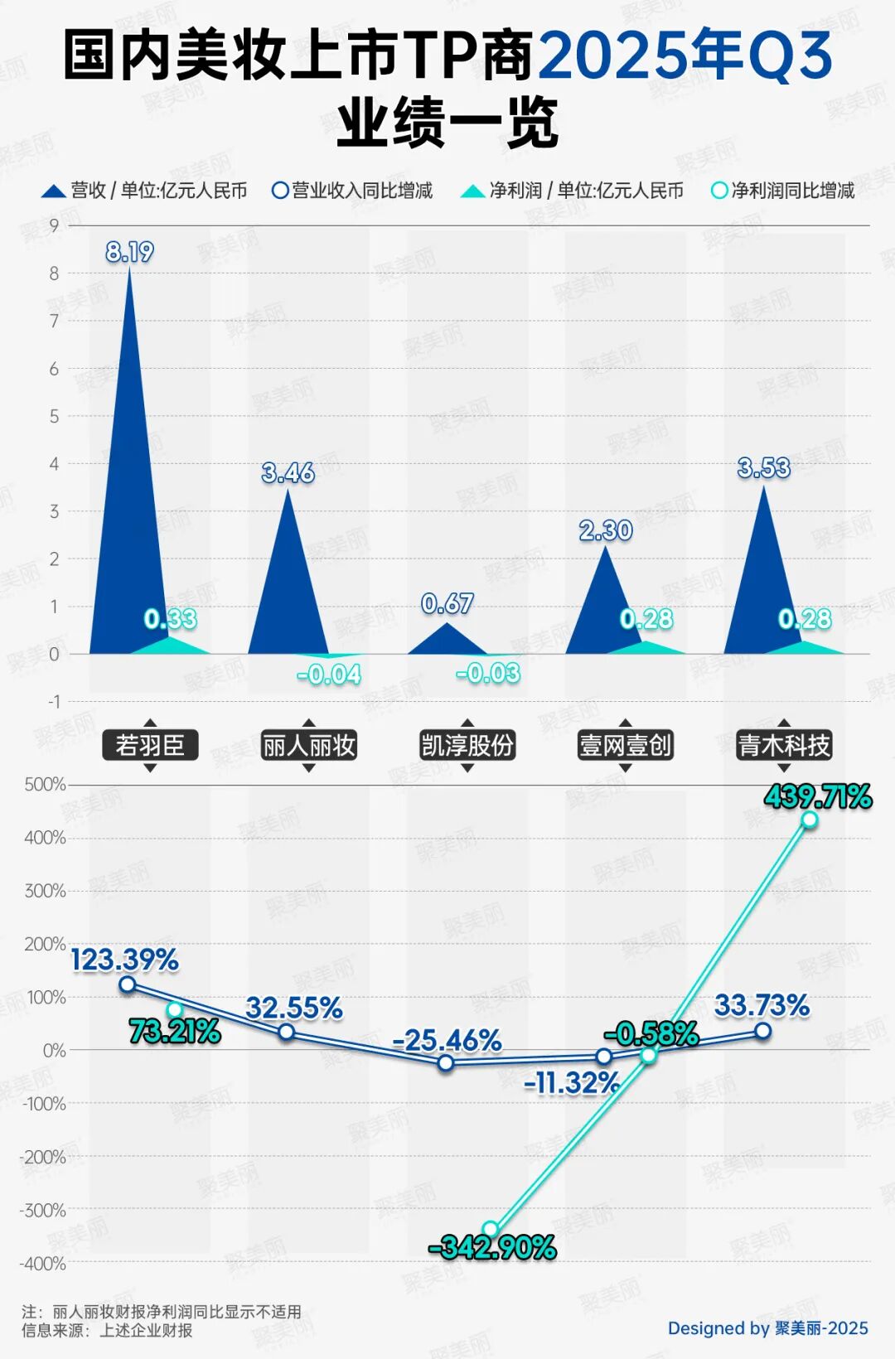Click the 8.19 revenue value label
click(x=129, y=251)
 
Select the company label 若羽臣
click(x=150, y=745)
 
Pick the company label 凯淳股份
click(x=467, y=745)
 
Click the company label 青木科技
click(x=784, y=745)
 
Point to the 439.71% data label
click(x=818, y=797)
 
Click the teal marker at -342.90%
click(x=491, y=1229)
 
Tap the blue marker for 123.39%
click(x=128, y=984)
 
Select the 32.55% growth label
click(x=294, y=1008)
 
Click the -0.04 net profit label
click(x=329, y=675)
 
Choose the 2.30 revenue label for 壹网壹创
click(x=606, y=530)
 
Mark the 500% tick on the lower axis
click(x=45, y=784)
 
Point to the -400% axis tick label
click(x=42, y=1264)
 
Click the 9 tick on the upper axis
click(x=54, y=225)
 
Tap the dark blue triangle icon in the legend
click(x=54, y=191)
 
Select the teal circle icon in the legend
click(x=719, y=191)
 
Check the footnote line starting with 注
click(x=162, y=1312)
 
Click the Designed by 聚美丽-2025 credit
click(x=767, y=1328)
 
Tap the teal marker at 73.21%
click(x=175, y=1009)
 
